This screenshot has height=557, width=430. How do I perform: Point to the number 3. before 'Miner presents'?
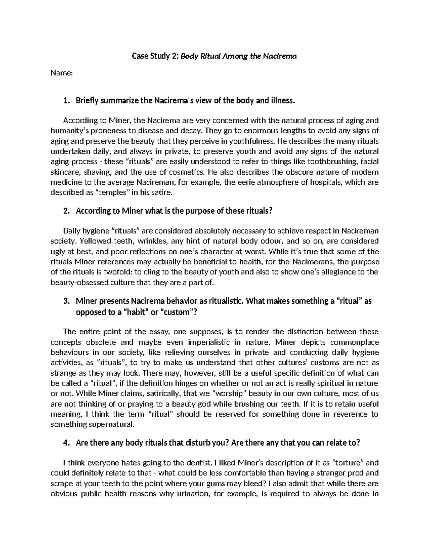click(x=66, y=301)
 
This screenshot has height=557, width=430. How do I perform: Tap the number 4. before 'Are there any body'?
click(x=66, y=443)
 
